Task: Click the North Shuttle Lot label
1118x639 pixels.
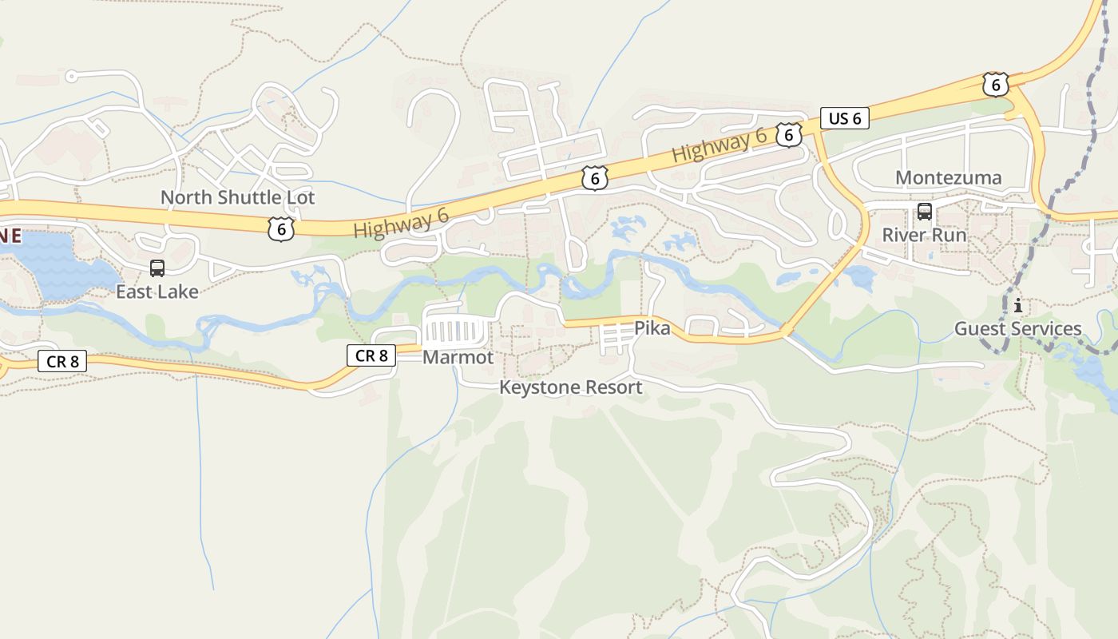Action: click(237, 197)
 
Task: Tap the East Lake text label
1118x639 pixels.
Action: click(157, 292)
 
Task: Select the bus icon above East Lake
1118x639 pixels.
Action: click(157, 268)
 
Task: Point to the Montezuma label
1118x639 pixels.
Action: click(948, 177)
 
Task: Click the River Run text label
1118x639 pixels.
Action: click(924, 235)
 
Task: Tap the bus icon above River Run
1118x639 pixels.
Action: click(924, 212)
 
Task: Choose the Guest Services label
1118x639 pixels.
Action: click(1017, 328)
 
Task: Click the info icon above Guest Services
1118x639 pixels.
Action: click(1017, 305)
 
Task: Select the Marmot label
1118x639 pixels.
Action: click(458, 357)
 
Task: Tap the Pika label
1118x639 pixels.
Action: click(652, 327)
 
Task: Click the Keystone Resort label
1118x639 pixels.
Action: click(570, 387)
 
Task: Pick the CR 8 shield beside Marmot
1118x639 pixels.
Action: click(371, 355)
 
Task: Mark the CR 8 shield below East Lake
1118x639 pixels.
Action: click(62, 361)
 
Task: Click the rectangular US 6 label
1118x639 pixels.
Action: click(844, 119)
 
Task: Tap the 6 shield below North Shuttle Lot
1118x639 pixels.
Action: click(280, 229)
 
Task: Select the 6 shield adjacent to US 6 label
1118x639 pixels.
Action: click(788, 135)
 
